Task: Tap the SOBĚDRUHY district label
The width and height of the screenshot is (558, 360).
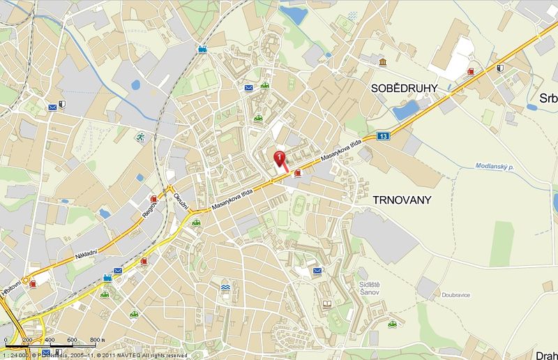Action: tap(404, 88)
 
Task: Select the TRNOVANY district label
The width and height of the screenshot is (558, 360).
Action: tap(402, 200)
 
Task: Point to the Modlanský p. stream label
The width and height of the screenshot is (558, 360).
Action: tap(494, 167)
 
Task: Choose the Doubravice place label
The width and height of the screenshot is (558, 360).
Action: tap(456, 295)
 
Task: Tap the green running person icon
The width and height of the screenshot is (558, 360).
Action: tap(140, 137)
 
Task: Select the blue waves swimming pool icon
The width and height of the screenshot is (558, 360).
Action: tap(226, 287)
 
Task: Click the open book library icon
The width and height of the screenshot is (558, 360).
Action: tap(326, 304)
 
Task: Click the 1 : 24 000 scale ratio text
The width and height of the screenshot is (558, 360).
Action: tap(16, 355)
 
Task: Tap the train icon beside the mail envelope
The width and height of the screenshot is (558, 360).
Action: tap(107, 278)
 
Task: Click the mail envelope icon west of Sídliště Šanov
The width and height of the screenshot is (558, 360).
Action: tap(317, 271)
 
